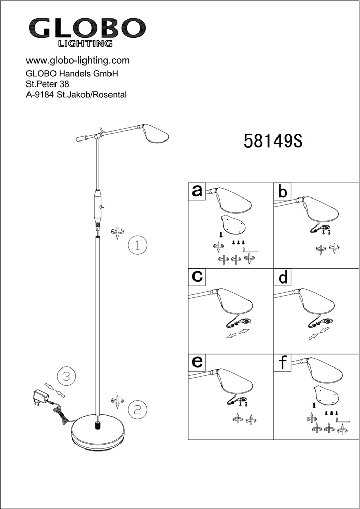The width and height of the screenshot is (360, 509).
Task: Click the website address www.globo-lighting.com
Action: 77,60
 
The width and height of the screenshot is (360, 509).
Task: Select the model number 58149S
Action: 273,140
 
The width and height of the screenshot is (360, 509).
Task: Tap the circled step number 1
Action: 137,245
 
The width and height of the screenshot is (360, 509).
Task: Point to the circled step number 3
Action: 66,377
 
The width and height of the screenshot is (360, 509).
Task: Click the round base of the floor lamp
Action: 97,432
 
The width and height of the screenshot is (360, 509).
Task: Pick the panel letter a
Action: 197,191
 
